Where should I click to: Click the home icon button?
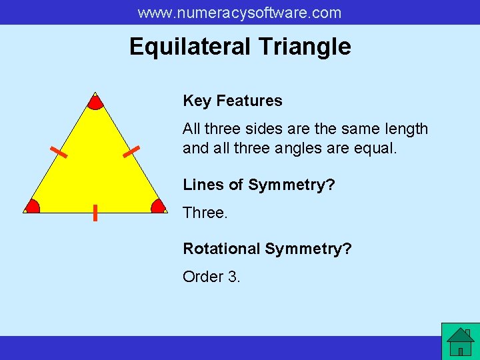(460, 341)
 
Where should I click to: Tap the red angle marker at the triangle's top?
(95, 102)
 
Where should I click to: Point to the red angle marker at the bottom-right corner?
(158, 206)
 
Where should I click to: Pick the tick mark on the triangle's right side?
(131, 151)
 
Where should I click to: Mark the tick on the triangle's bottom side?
(95, 213)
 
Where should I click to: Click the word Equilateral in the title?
(190, 47)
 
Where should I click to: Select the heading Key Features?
(233, 101)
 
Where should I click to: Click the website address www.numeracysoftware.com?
(239, 13)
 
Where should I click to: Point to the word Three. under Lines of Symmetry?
(205, 212)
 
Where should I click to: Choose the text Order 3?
(211, 276)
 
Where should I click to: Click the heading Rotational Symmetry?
(267, 249)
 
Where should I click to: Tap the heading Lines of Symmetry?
(259, 185)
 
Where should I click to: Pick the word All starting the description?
(191, 129)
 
